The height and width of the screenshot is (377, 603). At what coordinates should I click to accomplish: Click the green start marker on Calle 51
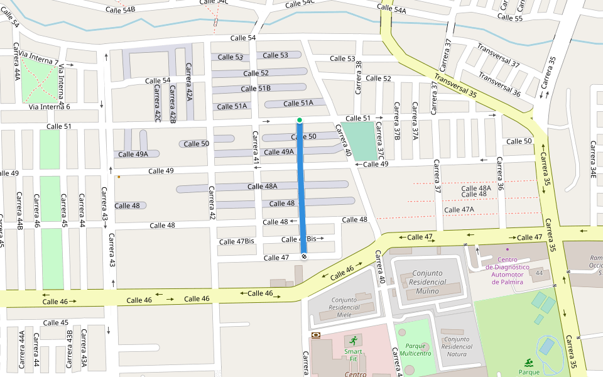[300, 119]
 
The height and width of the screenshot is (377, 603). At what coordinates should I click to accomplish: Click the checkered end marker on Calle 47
[304, 256]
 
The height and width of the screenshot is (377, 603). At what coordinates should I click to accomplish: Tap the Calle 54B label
[120, 10]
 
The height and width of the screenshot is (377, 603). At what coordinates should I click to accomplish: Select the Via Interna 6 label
[49, 107]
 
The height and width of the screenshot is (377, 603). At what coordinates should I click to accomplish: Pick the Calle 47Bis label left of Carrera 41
[236, 242]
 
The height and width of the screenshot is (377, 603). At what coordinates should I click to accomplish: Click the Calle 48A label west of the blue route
[262, 186]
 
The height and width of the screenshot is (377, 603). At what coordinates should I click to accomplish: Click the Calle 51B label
[256, 89]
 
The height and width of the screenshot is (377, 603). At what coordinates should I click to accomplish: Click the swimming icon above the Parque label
[530, 363]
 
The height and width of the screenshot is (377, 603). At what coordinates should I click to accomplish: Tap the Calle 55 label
[510, 18]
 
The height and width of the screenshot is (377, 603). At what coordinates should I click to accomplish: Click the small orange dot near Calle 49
[119, 177]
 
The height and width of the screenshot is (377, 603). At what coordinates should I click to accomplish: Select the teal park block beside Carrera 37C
[360, 141]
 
